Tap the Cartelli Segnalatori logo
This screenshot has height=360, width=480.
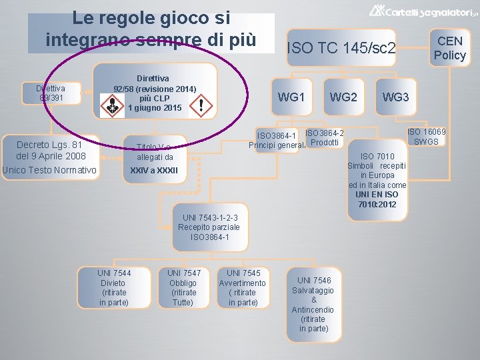(x=423, y=11)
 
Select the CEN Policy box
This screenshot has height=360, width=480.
(x=450, y=48)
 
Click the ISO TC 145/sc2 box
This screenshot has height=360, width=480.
(x=341, y=48)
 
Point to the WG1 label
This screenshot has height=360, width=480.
(x=291, y=97)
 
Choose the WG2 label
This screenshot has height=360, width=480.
(x=343, y=97)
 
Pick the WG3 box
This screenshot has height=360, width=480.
(x=395, y=97)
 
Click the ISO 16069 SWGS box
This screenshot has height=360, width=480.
(x=427, y=137)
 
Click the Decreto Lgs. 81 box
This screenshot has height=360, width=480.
(x=49, y=158)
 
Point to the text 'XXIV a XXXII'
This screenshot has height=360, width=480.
(x=155, y=171)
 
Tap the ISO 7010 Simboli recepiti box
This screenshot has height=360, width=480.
(x=377, y=180)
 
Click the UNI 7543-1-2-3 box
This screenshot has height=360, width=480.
(x=210, y=227)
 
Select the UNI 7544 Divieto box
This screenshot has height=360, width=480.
(x=114, y=288)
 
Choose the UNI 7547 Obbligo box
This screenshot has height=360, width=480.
(x=184, y=288)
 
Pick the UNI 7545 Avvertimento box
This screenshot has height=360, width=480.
(x=243, y=288)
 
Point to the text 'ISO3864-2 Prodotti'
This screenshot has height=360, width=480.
(x=325, y=139)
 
